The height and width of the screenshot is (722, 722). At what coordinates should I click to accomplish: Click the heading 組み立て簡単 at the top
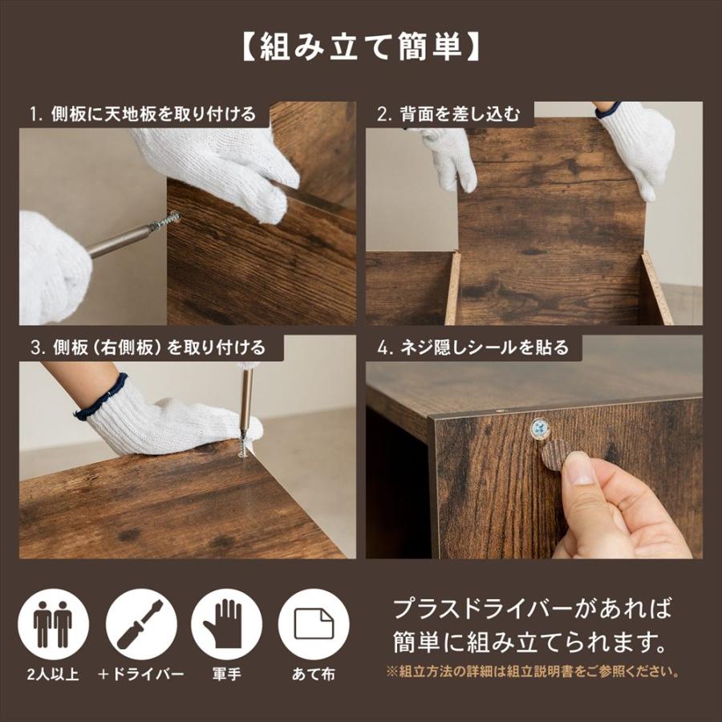click(360, 47)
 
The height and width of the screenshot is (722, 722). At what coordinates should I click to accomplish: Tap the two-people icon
click(53, 624)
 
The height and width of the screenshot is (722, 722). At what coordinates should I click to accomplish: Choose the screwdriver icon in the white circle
click(140, 624)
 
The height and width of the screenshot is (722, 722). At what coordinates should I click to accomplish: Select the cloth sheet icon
click(314, 624)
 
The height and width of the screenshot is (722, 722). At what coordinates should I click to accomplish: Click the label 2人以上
click(52, 675)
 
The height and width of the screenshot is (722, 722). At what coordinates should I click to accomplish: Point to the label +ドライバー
click(140, 675)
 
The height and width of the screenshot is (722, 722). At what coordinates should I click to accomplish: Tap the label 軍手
click(226, 675)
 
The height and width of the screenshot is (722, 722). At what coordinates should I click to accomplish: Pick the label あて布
click(314, 675)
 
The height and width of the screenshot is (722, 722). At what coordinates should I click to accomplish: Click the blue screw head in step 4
click(540, 428)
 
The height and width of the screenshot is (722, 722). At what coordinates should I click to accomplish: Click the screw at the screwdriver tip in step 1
click(168, 220)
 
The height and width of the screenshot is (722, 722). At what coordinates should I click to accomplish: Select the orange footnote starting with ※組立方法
click(533, 671)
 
